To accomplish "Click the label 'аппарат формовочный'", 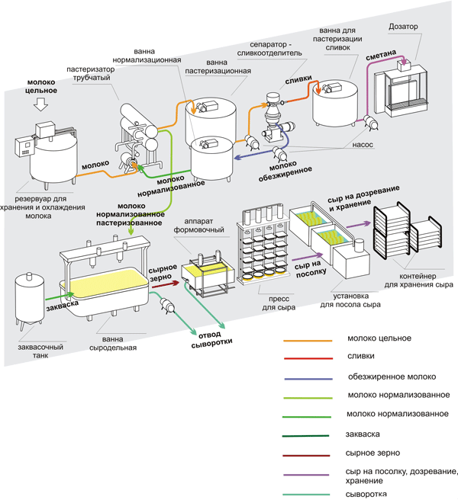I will (198, 225).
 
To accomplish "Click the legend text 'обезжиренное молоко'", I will (392, 377).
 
